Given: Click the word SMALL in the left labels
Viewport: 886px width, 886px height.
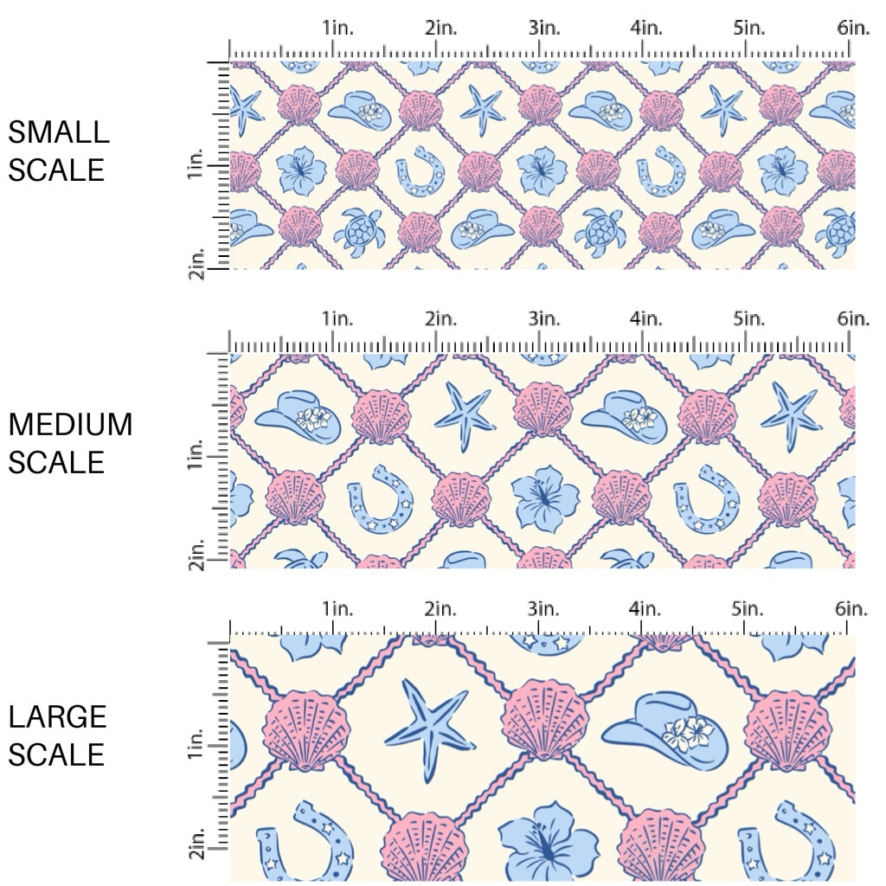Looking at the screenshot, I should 59,132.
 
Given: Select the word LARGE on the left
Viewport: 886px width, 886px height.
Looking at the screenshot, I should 58,716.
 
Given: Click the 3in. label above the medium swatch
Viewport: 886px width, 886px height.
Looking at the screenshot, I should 543,319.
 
